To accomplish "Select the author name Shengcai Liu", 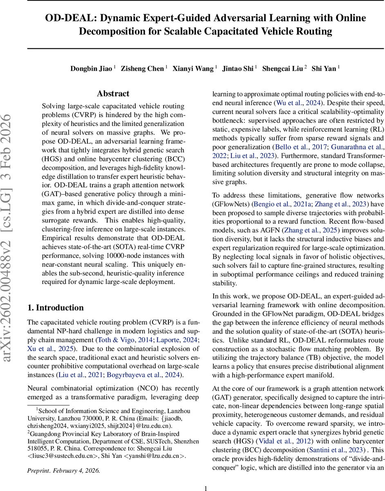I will (282, 69).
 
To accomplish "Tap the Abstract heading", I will (113, 94).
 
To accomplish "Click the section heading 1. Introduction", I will (55, 308).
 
